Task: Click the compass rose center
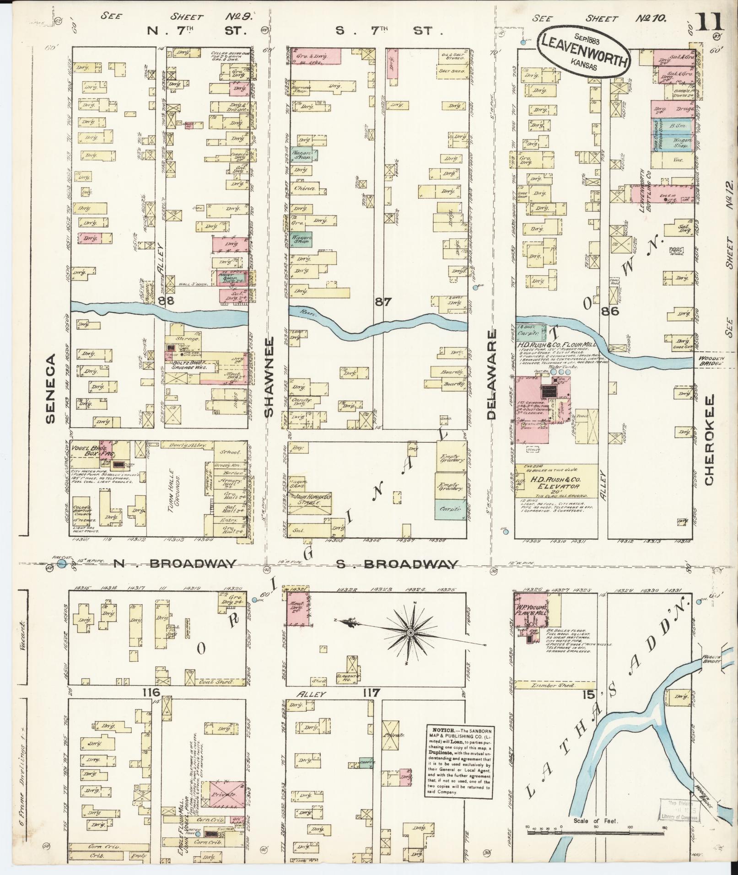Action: point(410,632)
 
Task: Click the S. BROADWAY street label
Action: point(397,564)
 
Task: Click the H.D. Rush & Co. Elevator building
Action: point(555,484)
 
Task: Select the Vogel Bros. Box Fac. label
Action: point(93,451)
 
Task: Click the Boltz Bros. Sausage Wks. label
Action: point(189,364)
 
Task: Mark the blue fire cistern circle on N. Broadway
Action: point(61,564)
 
